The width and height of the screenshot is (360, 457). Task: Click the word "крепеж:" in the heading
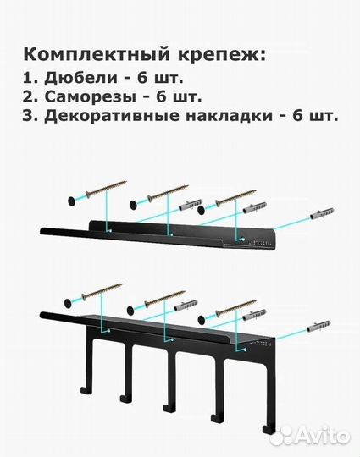(223, 54)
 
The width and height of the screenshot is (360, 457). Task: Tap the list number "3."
(33, 116)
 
